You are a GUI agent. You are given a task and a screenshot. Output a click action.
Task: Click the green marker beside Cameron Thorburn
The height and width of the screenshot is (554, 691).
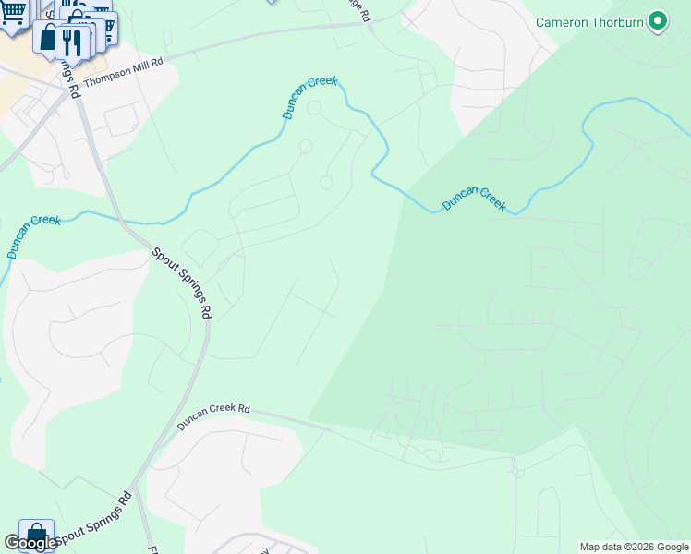coord(658,20)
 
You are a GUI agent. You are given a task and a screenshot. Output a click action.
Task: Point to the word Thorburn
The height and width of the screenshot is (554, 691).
coord(618,21)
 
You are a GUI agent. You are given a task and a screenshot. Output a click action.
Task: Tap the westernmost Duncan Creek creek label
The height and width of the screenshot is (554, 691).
coord(32,235)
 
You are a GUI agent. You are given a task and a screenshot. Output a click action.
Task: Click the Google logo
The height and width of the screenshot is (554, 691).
coord(30,543)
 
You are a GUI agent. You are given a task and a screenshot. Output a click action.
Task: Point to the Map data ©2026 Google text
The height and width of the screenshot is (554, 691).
coord(634,547)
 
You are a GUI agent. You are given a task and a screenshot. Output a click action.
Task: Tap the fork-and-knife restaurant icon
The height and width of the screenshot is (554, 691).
coord(72,40)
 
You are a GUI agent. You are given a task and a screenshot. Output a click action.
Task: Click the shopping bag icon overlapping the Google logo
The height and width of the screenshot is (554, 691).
coord(36,535)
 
